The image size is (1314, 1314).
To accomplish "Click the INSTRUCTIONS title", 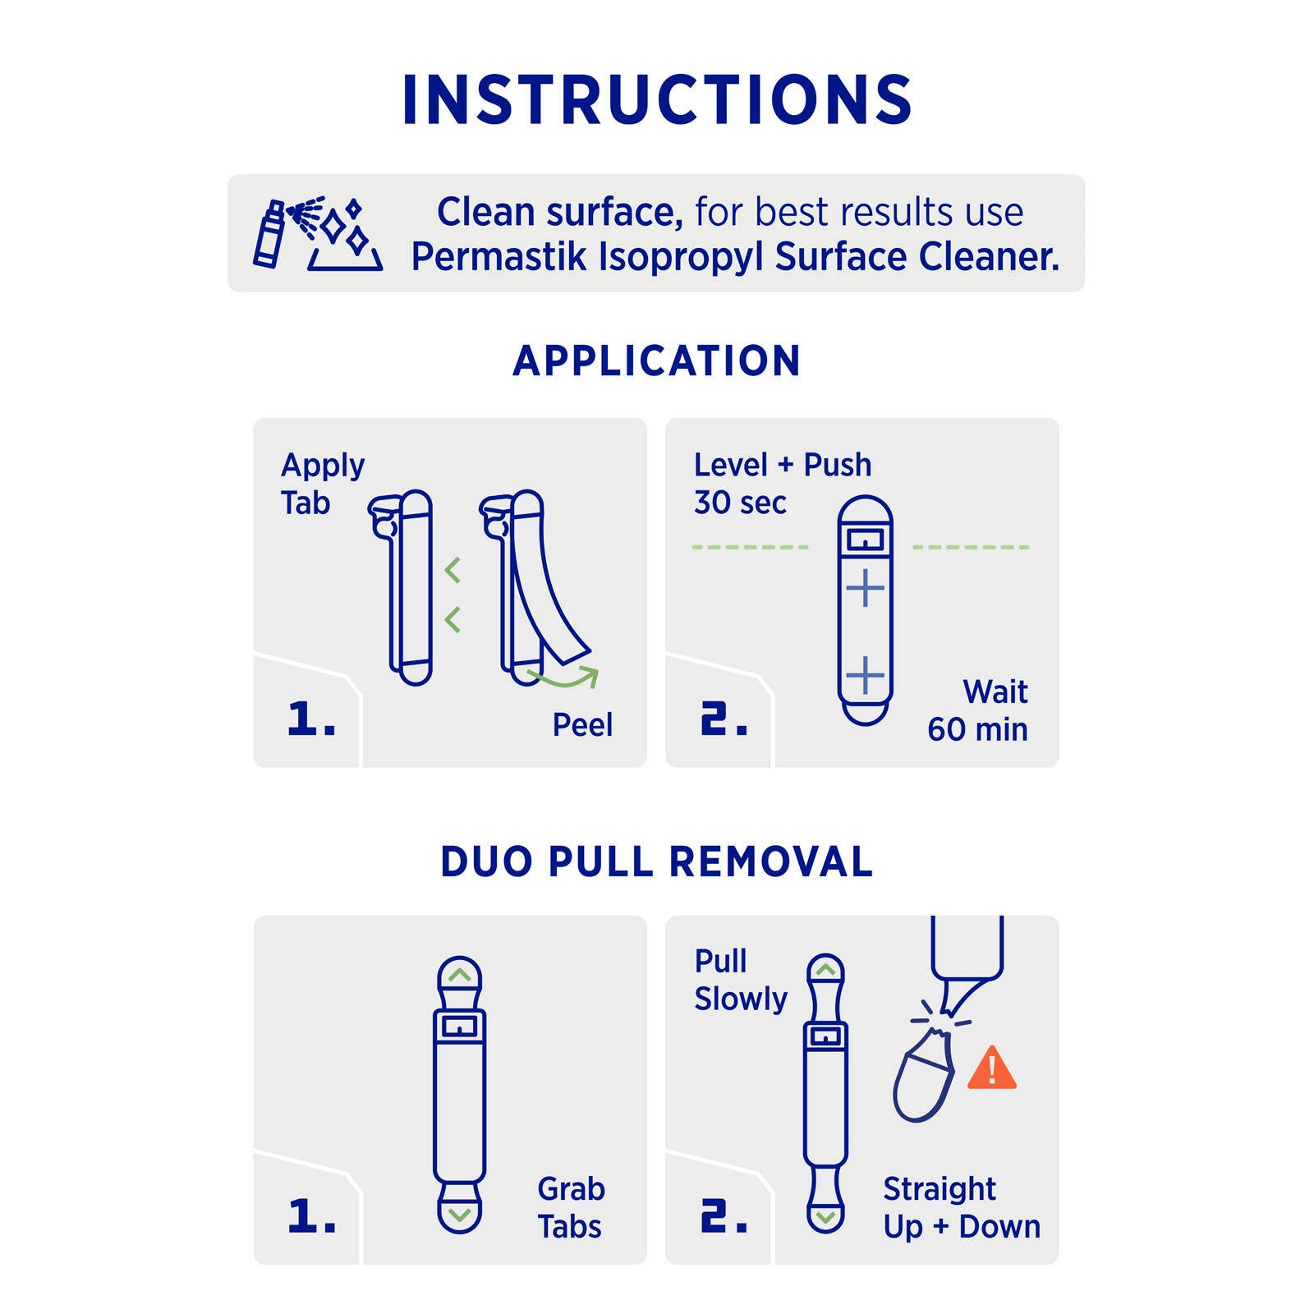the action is pos(657,99).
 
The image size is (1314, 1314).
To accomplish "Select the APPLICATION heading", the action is pos(657,361).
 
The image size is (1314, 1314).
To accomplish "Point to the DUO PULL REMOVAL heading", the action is pos(657,861).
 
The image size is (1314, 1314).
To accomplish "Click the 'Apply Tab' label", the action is pos(323,484).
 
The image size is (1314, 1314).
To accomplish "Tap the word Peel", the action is pos(582,724).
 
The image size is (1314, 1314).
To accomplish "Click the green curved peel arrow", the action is pos(563,678).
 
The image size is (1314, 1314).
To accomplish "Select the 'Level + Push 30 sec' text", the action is pos(783,484).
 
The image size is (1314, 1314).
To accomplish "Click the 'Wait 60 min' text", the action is pos(977,710).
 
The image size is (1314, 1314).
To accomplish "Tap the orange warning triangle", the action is pos(992,1068).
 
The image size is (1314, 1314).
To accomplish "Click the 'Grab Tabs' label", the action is pos(571,1207).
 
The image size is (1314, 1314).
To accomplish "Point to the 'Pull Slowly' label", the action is pos(741,980).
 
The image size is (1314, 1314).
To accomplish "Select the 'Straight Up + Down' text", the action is pos(962,1207).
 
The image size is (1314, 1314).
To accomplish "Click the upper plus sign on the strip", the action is pos(865,588).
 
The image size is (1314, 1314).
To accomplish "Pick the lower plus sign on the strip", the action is pos(865,676).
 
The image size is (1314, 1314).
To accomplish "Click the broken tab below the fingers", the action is pos(923,1076).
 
